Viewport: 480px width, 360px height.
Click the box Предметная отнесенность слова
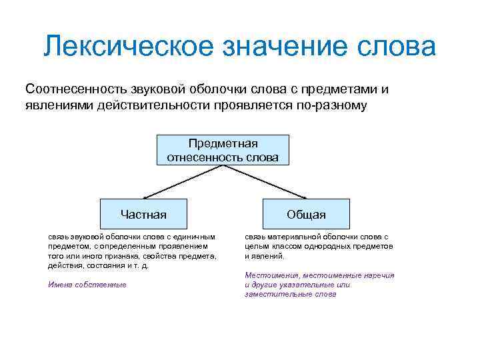223,151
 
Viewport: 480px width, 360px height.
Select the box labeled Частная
143,215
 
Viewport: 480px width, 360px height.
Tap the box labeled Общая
306,215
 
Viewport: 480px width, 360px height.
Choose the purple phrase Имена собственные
87,285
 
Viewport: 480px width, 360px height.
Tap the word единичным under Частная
193,237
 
